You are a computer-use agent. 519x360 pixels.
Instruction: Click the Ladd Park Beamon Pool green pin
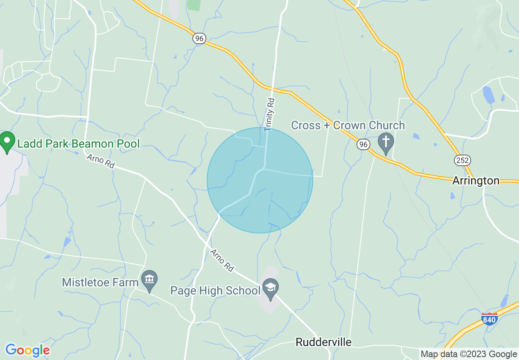pos(7,142)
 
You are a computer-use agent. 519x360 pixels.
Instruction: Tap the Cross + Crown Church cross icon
pos(386,143)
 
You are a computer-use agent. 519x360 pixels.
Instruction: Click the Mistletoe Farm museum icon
pos(149,280)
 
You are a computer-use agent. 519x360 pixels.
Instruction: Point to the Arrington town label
pos(476,181)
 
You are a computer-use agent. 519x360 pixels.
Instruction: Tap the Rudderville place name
pos(323,342)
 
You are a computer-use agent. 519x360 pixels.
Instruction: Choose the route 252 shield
pos(462,160)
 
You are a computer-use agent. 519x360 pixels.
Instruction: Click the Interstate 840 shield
pos(490,319)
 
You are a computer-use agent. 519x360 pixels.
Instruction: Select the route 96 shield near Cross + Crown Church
pos(363,144)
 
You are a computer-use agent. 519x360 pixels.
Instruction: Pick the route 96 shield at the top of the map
pos(199,38)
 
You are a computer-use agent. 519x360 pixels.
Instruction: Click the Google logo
pos(27,350)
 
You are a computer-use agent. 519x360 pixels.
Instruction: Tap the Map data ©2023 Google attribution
pos(469,354)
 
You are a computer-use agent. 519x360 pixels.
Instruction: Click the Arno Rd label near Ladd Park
pos(100,161)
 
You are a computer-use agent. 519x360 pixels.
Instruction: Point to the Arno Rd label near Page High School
pos(222,261)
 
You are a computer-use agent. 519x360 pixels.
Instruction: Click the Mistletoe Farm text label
pos(100,282)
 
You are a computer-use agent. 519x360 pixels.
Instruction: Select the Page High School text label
pos(215,291)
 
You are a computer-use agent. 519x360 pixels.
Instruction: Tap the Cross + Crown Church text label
pos(348,125)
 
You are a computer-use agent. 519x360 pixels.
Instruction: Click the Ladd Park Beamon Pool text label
pos(78,144)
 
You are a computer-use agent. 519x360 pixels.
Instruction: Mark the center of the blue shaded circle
pos(260,180)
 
